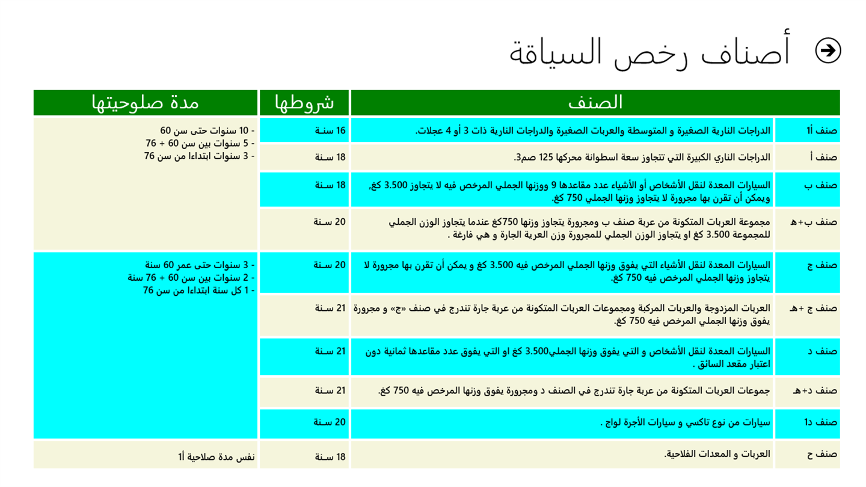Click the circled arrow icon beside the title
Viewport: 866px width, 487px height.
(828, 51)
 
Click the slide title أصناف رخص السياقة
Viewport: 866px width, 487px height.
(650, 52)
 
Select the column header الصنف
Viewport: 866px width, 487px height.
(595, 103)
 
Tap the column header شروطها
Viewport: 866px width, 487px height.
(304, 103)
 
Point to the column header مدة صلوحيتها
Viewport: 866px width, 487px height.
(145, 103)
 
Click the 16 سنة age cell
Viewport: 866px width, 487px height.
(330, 130)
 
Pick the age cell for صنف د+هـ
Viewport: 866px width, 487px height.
(330, 391)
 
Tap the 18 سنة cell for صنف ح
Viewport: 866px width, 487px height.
(330, 457)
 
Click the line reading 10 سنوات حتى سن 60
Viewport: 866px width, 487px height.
(207, 131)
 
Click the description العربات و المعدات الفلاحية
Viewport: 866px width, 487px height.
(717, 453)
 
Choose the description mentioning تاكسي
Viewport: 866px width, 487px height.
(685, 422)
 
